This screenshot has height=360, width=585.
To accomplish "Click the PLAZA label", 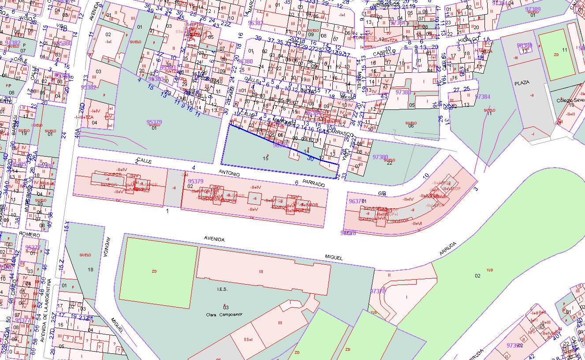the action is coord(522,82).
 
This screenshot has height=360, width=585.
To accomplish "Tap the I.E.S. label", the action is coord(221,289).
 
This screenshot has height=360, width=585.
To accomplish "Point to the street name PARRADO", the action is coord(314,184).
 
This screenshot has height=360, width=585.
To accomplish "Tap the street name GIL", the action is coord(382,193).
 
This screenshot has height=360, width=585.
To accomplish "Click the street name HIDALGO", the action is coord(469,40).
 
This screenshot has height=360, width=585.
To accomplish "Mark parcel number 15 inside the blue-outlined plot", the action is coord(265,157).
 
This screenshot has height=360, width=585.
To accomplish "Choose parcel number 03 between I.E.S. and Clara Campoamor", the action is coord(226,307).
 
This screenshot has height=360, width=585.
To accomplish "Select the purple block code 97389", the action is coord(533,9).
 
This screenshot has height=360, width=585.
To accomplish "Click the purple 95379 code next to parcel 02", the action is coord(195,181).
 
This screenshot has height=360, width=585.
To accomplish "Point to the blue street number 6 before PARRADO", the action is coord(297,183).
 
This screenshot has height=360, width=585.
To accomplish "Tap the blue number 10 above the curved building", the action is coord(425,176).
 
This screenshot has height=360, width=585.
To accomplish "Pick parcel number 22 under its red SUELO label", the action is coord(389,164).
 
